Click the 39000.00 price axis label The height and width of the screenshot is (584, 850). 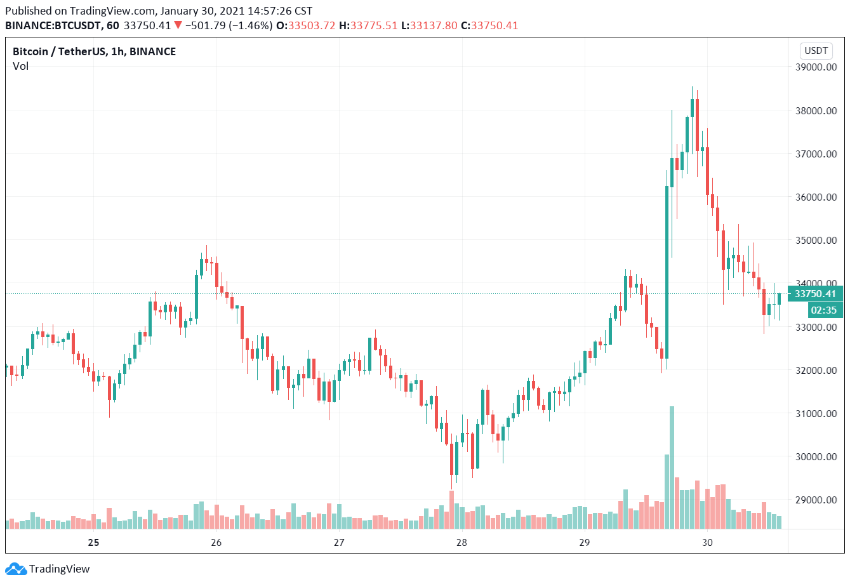click(x=816, y=67)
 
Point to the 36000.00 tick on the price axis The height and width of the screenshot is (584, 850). click(x=816, y=197)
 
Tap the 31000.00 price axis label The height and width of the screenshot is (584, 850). click(x=816, y=414)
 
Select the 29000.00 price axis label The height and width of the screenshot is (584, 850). click(x=816, y=500)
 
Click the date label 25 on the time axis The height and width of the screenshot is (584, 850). click(x=94, y=542)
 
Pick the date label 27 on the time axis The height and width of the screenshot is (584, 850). click(x=339, y=542)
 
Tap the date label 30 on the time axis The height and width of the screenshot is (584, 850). click(x=707, y=542)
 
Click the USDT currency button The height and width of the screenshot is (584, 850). click(x=816, y=51)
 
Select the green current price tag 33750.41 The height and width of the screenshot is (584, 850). click(x=815, y=294)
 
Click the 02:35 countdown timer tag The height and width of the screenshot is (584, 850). click(x=823, y=310)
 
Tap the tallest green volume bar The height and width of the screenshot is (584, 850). click(x=672, y=467)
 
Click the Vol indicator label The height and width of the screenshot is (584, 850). click(x=21, y=66)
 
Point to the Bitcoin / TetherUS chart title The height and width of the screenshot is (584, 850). click(x=94, y=51)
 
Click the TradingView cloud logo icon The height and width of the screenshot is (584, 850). click(x=15, y=569)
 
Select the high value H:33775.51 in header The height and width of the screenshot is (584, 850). click(x=368, y=26)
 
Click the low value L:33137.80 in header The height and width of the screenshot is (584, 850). click(x=429, y=26)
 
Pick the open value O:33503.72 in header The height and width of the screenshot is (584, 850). click(x=305, y=26)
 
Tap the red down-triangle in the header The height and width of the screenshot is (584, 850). click(x=178, y=25)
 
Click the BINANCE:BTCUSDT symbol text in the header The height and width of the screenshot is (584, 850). click(x=53, y=26)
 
